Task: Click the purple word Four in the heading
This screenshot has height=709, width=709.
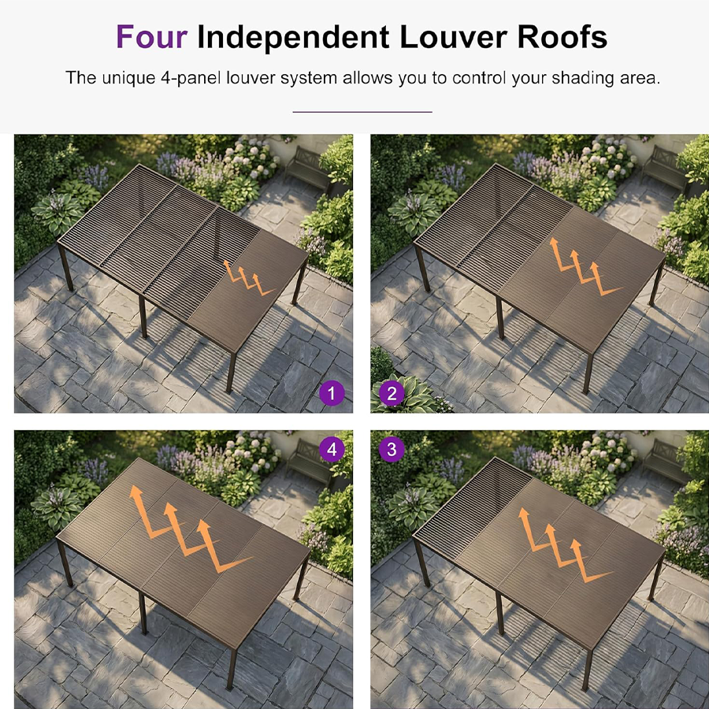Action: (x=151, y=36)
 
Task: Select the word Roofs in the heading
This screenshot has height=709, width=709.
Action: (x=562, y=36)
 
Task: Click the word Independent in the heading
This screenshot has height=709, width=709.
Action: (x=293, y=36)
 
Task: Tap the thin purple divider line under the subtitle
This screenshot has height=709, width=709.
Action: (x=362, y=111)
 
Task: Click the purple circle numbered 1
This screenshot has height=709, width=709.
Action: (x=332, y=393)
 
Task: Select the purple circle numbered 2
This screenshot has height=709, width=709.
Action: (x=392, y=393)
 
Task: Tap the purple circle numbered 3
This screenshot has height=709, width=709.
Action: (x=392, y=450)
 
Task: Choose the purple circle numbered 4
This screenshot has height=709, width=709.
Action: (x=332, y=450)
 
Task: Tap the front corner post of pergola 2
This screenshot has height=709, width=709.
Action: (x=588, y=373)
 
